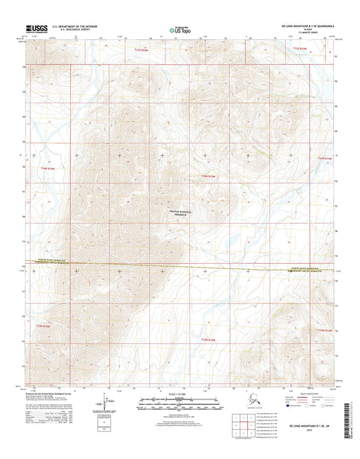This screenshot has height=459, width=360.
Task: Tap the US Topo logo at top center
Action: [179, 29]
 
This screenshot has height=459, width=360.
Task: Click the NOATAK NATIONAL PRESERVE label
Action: [180, 214]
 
